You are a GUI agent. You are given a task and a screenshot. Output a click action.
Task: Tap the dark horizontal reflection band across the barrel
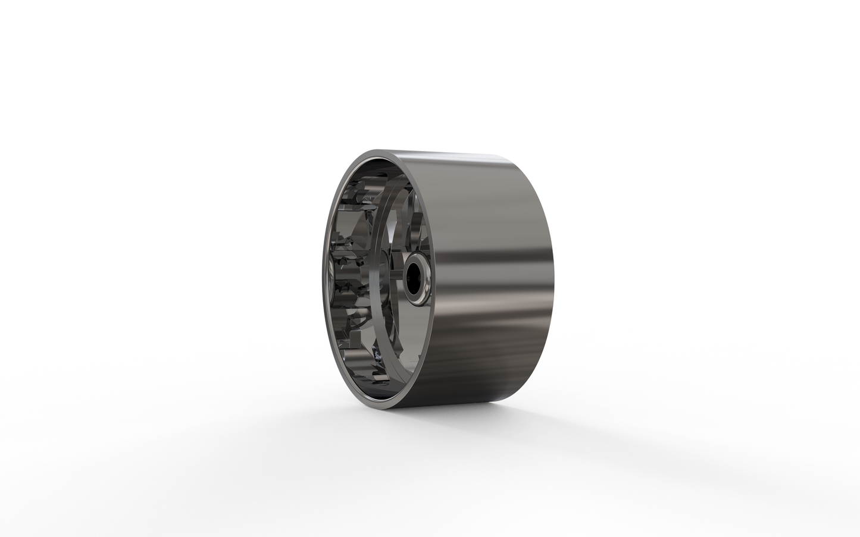488,262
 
